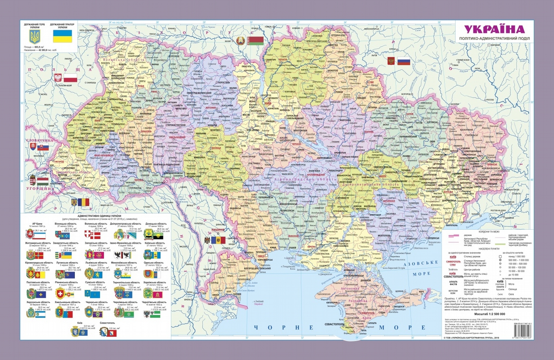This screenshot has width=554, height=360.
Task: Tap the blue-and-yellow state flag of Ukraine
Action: coord(63,38)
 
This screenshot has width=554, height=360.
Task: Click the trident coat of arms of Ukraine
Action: coord(35,38)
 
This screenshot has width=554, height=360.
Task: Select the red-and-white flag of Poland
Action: coord(70,78)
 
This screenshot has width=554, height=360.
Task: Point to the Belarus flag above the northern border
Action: coord(255,40)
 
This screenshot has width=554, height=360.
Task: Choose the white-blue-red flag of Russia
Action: coord(404,61)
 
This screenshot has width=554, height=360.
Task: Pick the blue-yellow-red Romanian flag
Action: coord(83,202)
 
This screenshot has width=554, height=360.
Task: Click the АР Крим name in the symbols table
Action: coord(32,224)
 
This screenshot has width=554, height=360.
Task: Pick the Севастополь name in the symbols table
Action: coord(108,323)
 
